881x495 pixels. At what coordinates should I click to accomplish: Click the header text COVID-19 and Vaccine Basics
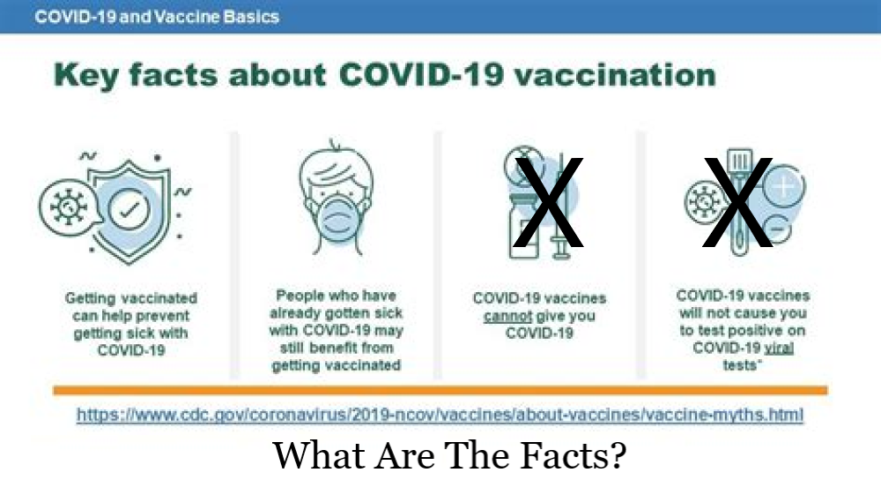[x=157, y=16]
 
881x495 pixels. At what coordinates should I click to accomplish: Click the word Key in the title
[x=86, y=76]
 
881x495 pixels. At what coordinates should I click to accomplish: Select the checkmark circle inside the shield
[x=130, y=209]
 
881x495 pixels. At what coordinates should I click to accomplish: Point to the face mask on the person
[x=337, y=222]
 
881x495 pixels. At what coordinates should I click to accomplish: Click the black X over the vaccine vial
[x=548, y=203]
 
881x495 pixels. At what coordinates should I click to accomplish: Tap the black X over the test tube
[x=737, y=203]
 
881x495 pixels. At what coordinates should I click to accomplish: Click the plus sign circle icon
[x=784, y=185]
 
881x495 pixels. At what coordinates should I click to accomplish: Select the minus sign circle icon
[x=777, y=229]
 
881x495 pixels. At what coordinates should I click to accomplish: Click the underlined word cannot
[x=507, y=316]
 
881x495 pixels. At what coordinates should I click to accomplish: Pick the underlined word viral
[x=779, y=349]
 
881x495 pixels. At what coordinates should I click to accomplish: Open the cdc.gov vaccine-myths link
[x=440, y=415]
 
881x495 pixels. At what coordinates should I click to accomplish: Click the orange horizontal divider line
[x=440, y=390]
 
